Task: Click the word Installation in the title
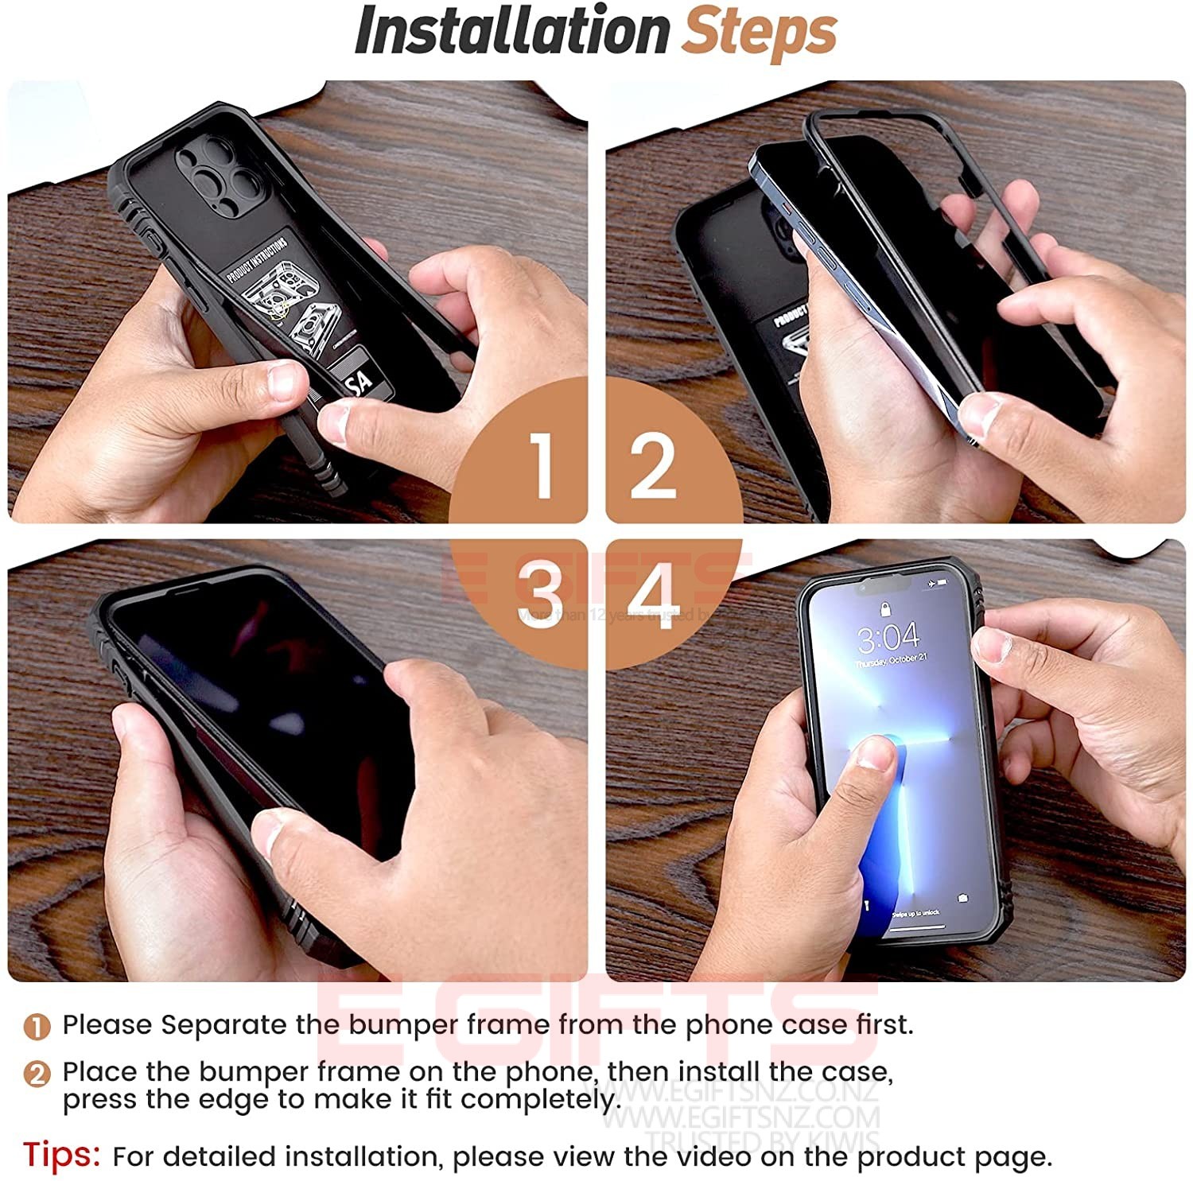[511, 32]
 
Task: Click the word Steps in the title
[760, 32]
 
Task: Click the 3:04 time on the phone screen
[888, 637]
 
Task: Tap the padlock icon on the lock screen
[885, 609]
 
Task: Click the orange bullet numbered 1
[37, 1027]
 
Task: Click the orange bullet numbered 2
[37, 1074]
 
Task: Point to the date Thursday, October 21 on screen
[891, 661]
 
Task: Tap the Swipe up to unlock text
[915, 914]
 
